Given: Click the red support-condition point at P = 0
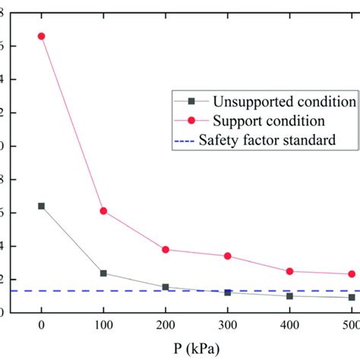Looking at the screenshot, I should (41, 36).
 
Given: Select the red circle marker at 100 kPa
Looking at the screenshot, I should (103, 210).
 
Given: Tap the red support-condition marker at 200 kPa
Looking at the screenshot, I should (166, 249).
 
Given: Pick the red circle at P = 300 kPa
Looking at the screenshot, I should (227, 256).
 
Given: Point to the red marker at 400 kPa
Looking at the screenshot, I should (289, 271).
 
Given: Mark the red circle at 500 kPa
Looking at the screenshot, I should (352, 274).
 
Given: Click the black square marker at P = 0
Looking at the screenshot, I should (41, 206).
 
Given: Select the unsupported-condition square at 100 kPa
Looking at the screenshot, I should (103, 273).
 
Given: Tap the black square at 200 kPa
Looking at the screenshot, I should (166, 287).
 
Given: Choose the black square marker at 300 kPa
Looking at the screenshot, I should (227, 292).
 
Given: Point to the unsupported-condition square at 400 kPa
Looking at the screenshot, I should (289, 296).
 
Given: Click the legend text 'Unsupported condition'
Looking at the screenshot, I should (284, 102).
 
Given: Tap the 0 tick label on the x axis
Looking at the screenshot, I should (41, 325).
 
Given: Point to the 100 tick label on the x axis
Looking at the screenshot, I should (103, 325).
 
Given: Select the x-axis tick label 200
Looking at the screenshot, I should (166, 325).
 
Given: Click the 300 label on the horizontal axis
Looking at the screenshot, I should (227, 325).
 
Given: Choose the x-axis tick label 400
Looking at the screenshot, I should (289, 325).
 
